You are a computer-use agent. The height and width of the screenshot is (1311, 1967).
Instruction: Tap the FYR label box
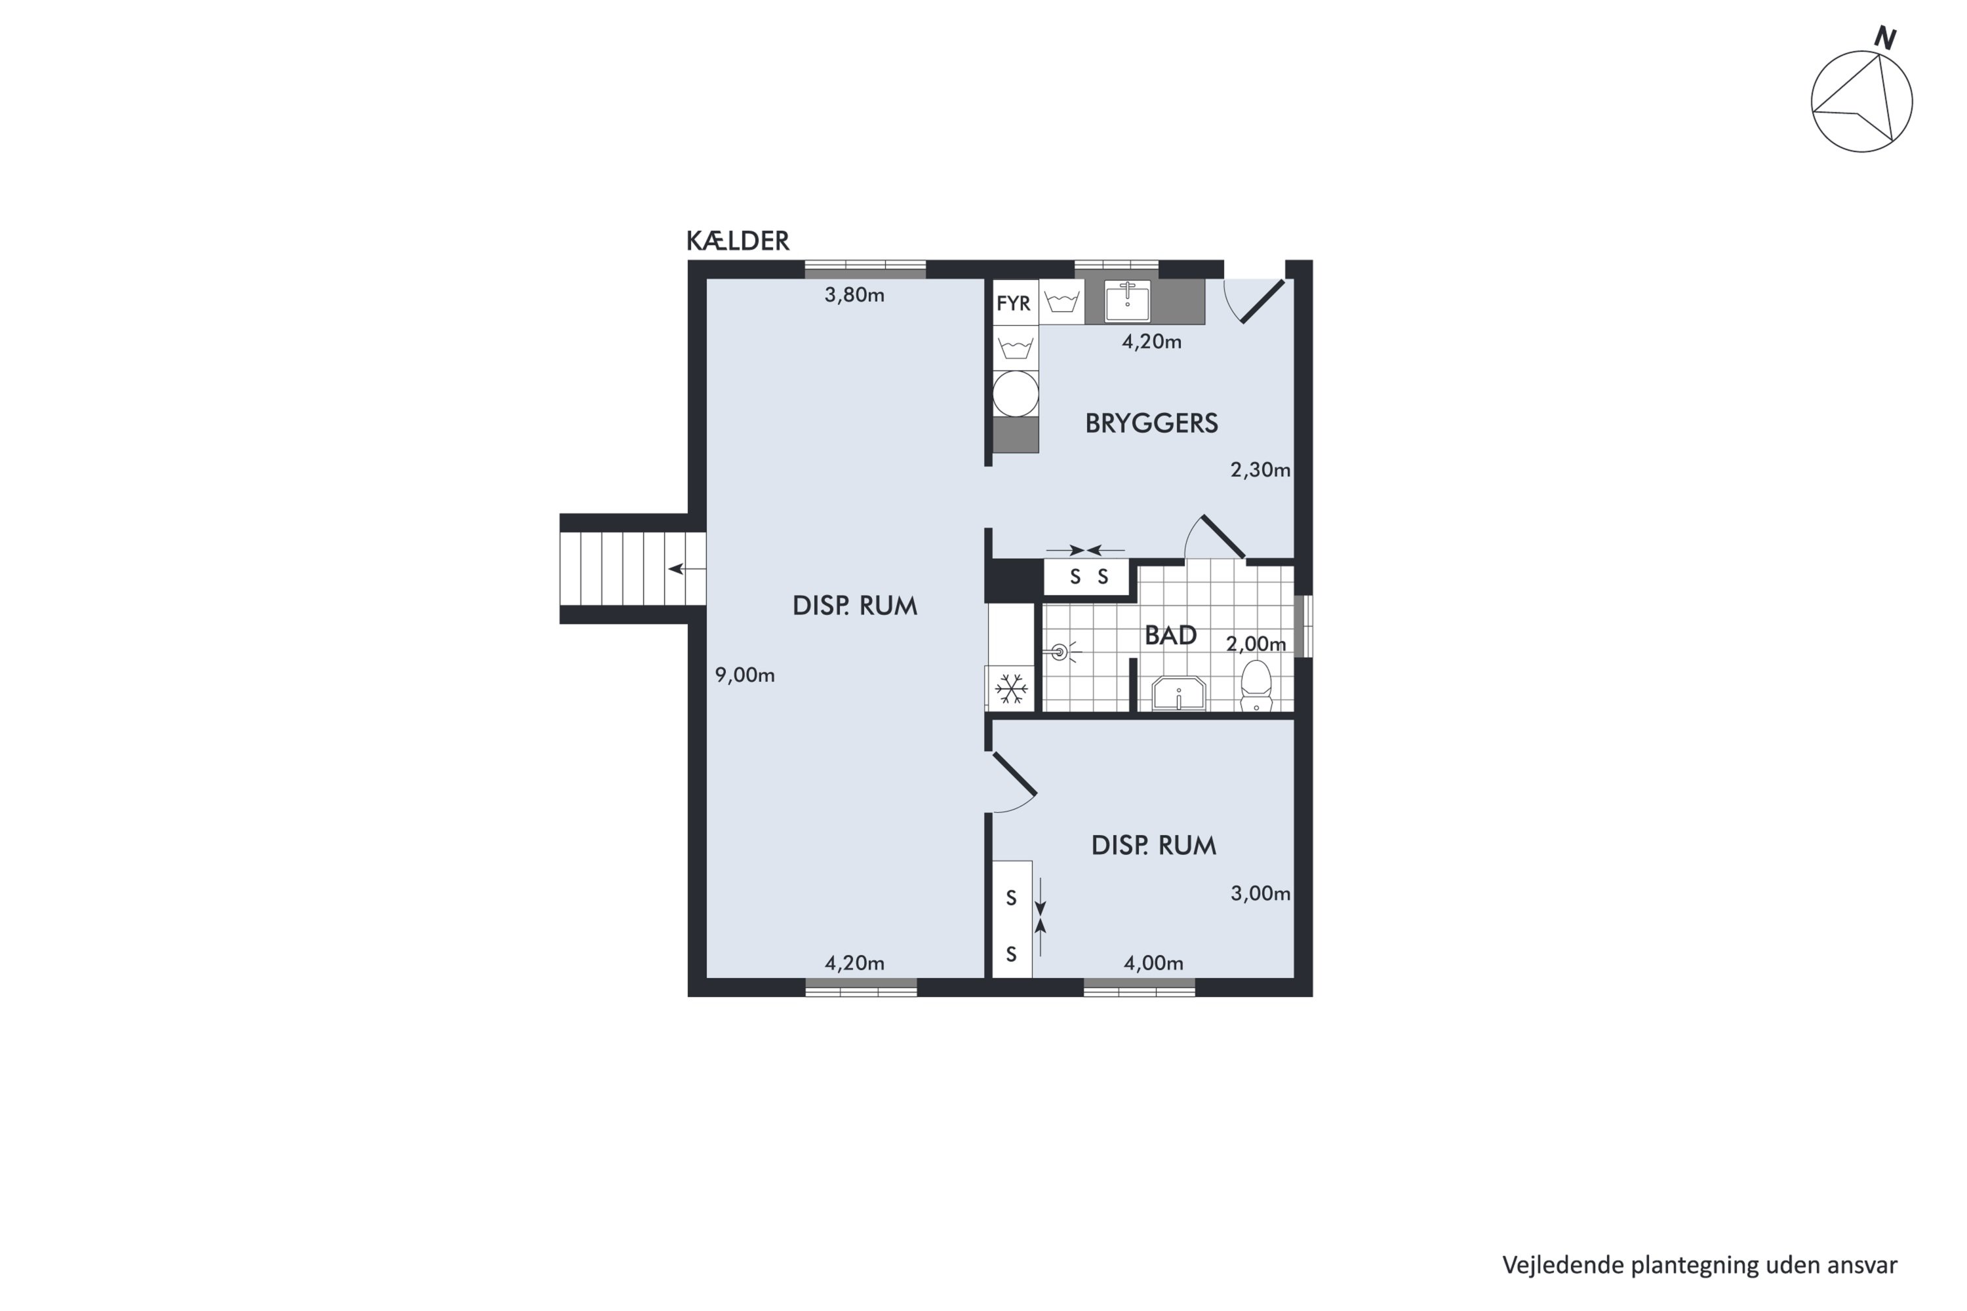1014,303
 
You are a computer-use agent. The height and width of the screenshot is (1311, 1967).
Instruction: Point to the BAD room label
1170,635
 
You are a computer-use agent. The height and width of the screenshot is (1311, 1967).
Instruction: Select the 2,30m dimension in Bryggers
1260,470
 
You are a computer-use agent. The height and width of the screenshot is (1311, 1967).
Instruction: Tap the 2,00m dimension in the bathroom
1256,644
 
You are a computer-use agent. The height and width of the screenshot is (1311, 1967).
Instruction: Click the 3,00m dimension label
1260,894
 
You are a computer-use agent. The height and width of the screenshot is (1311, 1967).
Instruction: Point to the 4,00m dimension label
1153,963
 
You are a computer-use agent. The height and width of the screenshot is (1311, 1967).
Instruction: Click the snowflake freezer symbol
1011,690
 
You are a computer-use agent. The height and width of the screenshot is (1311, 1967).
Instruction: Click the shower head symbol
1060,652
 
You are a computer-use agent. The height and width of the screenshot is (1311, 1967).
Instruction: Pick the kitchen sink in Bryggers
1127,302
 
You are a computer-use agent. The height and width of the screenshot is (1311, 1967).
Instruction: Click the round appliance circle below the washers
1015,394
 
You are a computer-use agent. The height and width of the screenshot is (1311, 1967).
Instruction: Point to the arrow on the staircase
686,570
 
